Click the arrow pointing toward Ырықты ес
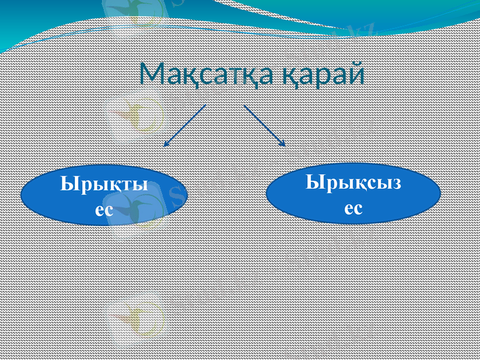(185, 125)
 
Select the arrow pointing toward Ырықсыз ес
(264, 125)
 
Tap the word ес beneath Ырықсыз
(353, 207)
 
